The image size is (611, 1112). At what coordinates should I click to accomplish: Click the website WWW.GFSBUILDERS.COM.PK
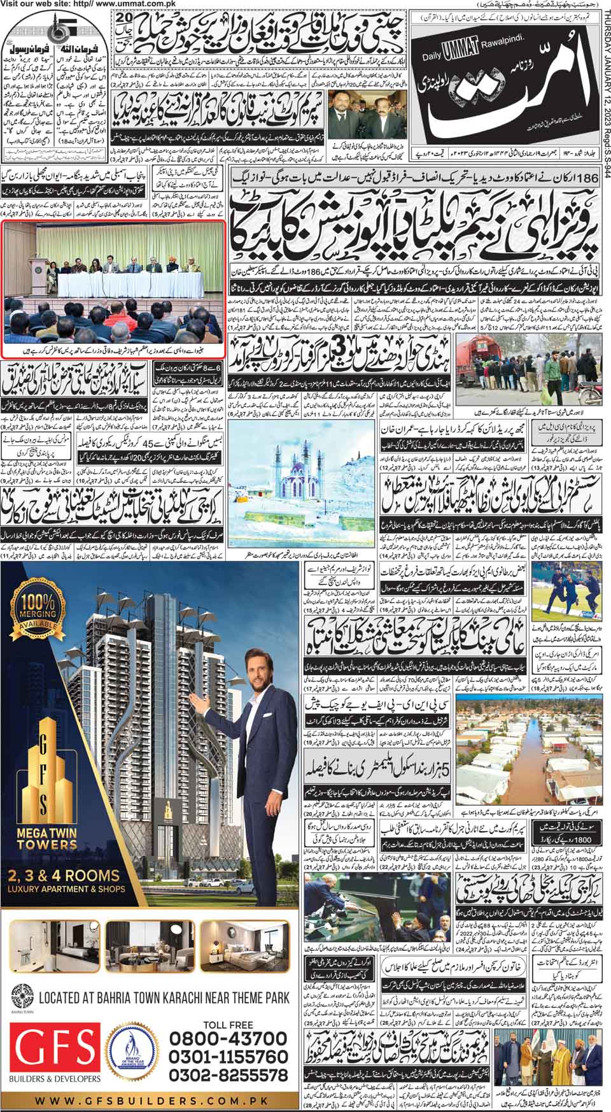pyautogui.click(x=151, y=1100)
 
